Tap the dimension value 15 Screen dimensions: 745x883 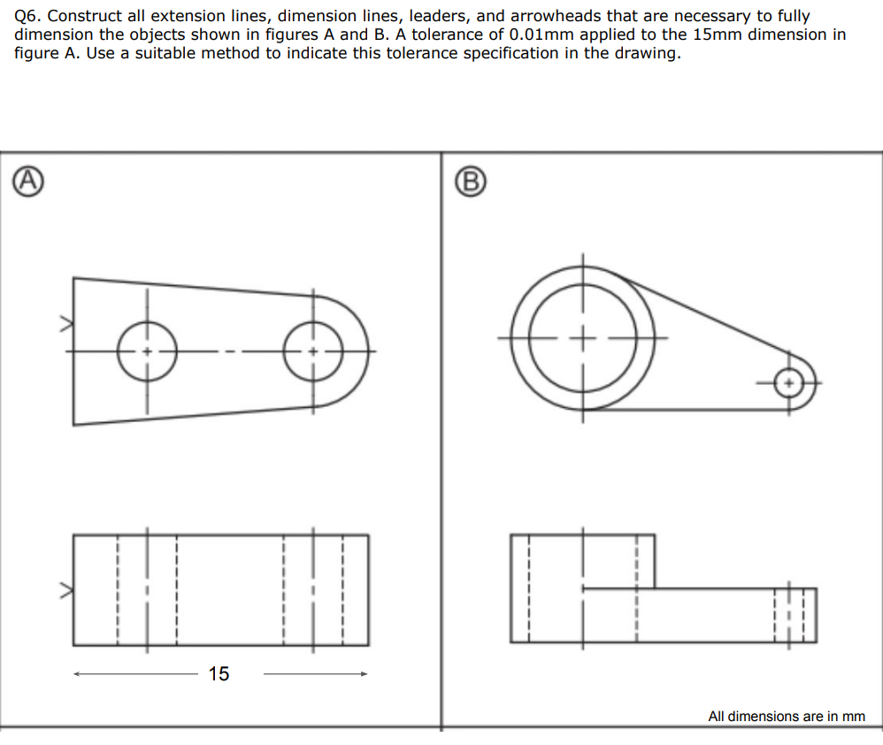(x=219, y=674)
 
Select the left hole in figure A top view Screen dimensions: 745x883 (x=147, y=351)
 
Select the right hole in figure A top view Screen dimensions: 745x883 (x=312, y=351)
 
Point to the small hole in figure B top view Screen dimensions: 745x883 (x=788, y=383)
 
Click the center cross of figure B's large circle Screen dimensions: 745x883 (x=582, y=338)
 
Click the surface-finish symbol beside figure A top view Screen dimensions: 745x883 (x=64, y=325)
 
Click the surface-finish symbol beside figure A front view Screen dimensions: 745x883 (x=64, y=588)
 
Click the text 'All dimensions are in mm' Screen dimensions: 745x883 (x=786, y=717)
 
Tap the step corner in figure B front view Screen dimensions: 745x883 (x=655, y=588)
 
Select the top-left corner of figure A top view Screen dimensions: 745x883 (x=73, y=279)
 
